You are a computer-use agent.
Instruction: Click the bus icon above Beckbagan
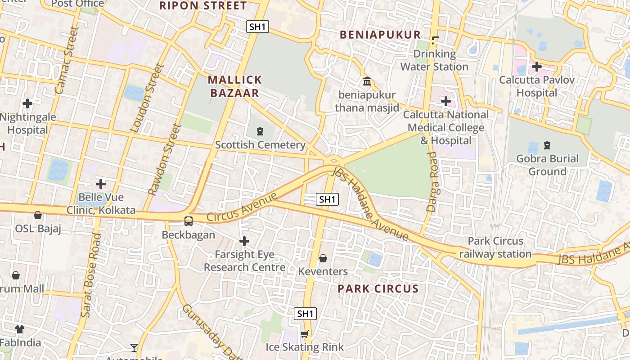click(189, 221)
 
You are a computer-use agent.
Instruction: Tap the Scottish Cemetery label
click(260, 145)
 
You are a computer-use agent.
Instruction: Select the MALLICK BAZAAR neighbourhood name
click(234, 86)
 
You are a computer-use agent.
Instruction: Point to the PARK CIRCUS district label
click(378, 288)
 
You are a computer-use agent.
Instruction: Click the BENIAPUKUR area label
click(380, 35)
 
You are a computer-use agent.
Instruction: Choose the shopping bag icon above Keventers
click(323, 258)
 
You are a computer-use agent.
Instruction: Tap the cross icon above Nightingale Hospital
click(27, 103)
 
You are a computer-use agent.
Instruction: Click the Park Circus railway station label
click(495, 247)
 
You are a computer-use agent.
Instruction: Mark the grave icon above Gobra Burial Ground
click(547, 145)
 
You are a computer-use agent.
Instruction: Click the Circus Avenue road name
click(242, 207)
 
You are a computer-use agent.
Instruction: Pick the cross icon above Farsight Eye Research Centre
click(244, 242)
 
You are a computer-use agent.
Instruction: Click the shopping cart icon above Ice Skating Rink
click(305, 334)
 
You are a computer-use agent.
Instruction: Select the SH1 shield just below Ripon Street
click(257, 27)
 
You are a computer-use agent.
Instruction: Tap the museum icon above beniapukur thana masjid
click(367, 82)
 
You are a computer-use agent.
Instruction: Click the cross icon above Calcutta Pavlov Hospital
click(536, 67)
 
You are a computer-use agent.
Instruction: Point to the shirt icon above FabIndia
click(20, 329)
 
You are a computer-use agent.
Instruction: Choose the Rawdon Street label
click(164, 160)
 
